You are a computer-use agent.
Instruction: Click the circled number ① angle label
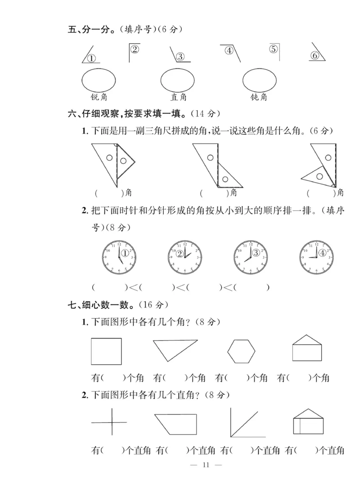click(91, 58)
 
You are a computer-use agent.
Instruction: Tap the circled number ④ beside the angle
click(229, 50)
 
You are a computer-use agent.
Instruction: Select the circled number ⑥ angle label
click(315, 55)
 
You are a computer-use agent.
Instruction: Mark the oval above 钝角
click(260, 80)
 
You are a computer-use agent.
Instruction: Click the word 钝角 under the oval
click(259, 97)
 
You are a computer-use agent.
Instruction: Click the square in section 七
click(106, 351)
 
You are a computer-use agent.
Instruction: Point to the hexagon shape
click(241, 351)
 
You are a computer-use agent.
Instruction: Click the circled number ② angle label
click(135, 49)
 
